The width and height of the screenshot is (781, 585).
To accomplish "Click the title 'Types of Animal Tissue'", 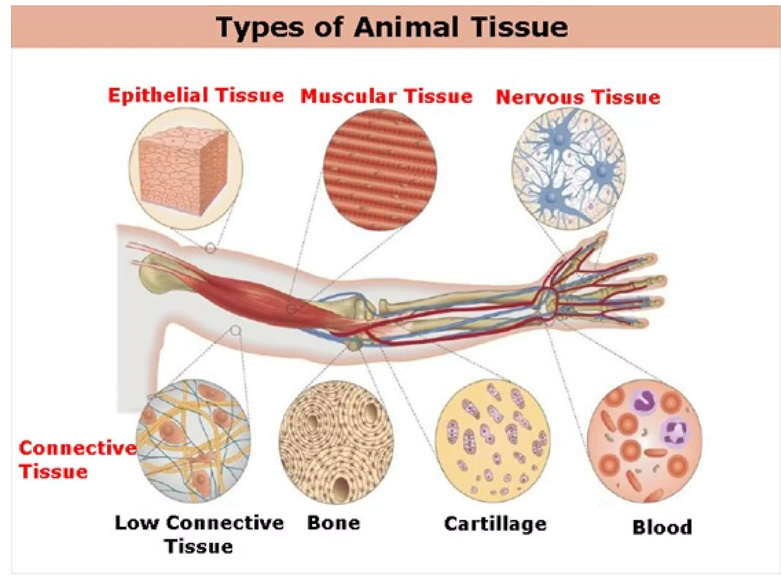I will point(392,27).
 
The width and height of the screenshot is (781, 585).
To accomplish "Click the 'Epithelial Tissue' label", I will point(196,95).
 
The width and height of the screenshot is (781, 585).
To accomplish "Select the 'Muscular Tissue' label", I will point(386,96).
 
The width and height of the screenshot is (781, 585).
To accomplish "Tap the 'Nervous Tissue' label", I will point(578,97).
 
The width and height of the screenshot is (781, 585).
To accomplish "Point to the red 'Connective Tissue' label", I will point(76,460).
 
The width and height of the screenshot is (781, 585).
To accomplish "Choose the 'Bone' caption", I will point(334,523).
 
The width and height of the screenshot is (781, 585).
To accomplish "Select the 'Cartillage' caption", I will point(495,524).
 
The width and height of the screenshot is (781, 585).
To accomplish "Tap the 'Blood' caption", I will point(662,527).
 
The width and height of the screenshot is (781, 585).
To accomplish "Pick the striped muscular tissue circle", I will point(380,170).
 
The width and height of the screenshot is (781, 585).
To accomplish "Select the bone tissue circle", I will point(336,442).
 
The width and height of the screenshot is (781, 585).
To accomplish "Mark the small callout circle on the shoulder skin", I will point(210,248).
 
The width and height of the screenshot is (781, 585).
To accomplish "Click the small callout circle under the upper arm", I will point(236,330).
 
